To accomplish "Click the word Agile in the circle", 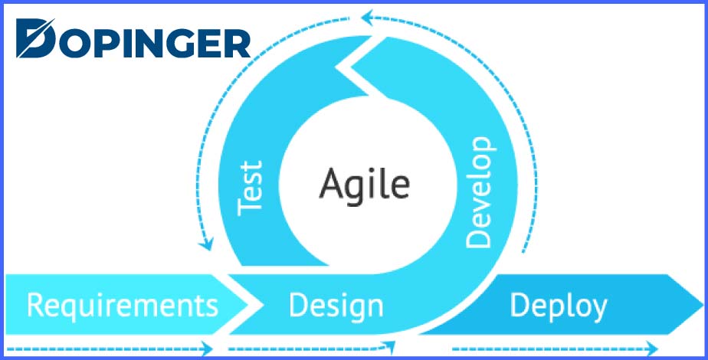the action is [365, 184].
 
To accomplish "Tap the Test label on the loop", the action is [251, 188].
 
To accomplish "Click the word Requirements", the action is [122, 306].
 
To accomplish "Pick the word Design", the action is [336, 306].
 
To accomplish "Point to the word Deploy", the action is [559, 306].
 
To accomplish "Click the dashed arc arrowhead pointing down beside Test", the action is [205, 245].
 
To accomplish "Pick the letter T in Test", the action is [251, 208].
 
